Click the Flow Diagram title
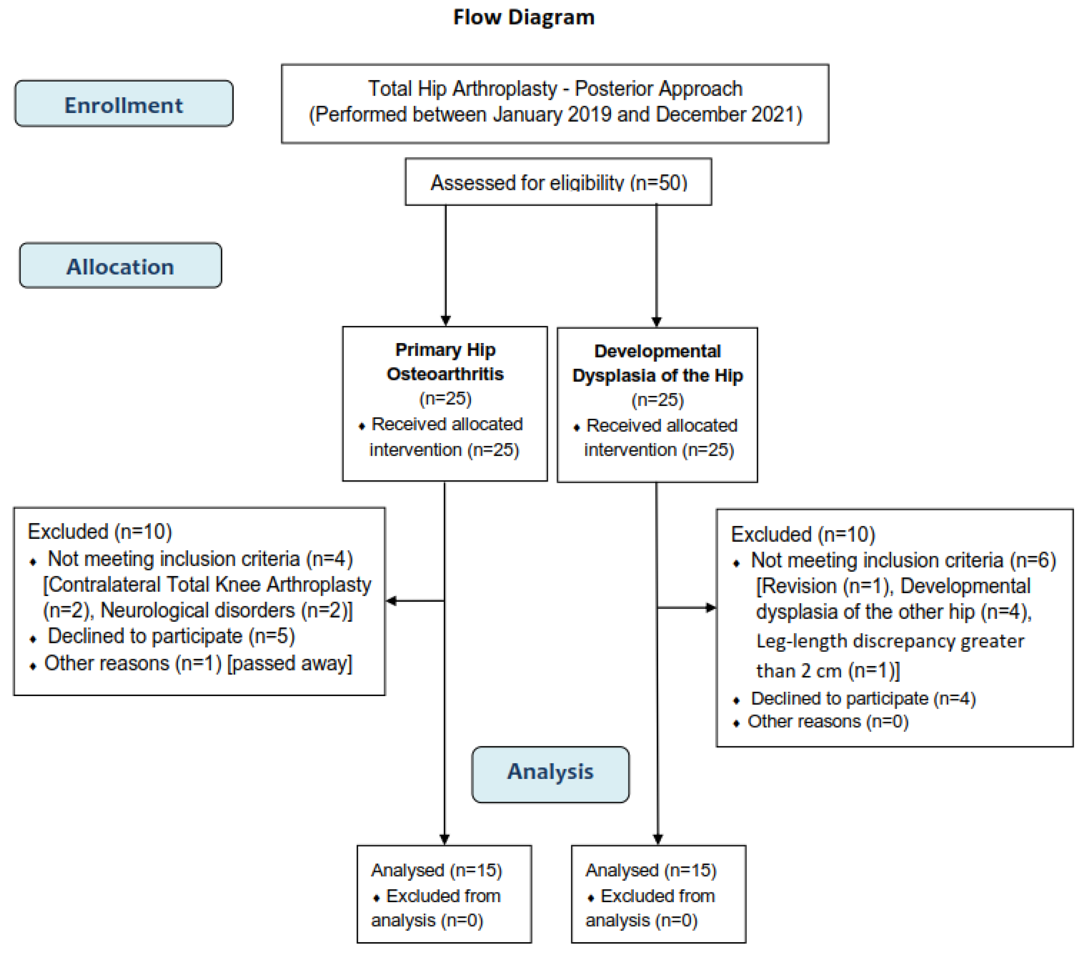pyautogui.click(x=523, y=17)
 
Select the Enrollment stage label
pyautogui.click(x=124, y=105)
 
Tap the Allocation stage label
pyautogui.click(x=121, y=266)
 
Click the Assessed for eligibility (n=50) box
pyautogui.click(x=558, y=182)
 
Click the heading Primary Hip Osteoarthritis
pyautogui.click(x=445, y=362)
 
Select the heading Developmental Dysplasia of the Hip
pyautogui.click(x=657, y=363)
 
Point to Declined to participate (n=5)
pyautogui.click(x=171, y=636)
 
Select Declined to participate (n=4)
pyautogui.click(x=863, y=698)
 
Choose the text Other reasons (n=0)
pyautogui.click(x=828, y=722)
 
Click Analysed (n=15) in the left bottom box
pyautogui.click(x=436, y=870)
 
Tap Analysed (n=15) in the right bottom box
pyautogui.click(x=651, y=870)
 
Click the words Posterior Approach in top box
pyautogui.click(x=659, y=89)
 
